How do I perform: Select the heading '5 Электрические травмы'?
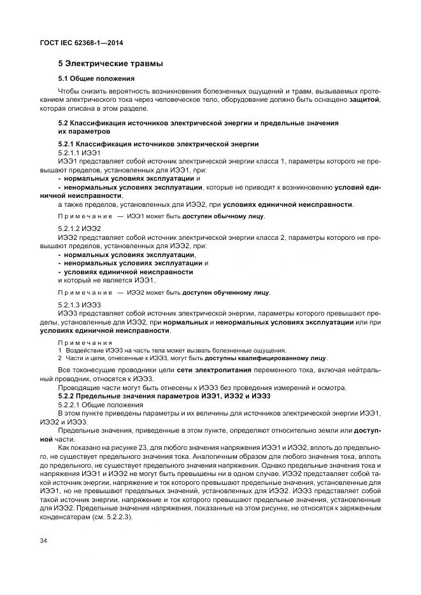pyautogui.click(x=110, y=64)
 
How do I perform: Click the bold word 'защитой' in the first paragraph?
pyautogui.click(x=365, y=100)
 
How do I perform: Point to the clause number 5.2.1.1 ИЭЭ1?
pyautogui.click(x=79, y=153)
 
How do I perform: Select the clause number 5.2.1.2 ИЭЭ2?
pyautogui.click(x=80, y=228)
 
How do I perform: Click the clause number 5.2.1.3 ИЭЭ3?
pyautogui.click(x=80, y=305)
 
